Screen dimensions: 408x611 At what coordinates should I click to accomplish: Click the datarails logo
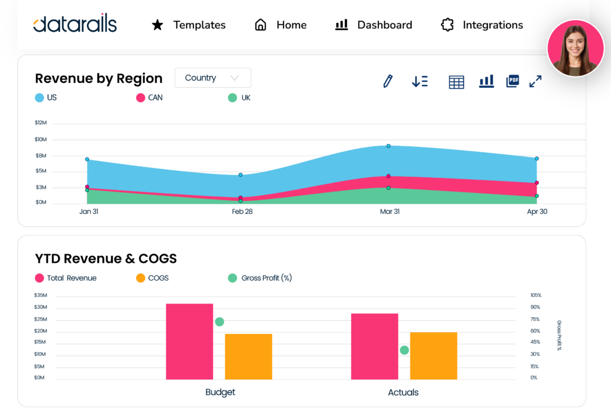(75, 24)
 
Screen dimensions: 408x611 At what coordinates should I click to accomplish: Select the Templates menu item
(189, 25)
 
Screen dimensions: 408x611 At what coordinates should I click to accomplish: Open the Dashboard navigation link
(374, 25)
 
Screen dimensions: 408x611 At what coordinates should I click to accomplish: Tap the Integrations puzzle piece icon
(447, 25)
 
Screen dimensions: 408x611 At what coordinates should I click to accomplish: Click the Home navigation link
(280, 25)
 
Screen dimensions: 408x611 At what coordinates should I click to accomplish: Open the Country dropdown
(212, 78)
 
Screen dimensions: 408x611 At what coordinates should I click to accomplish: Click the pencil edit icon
(388, 81)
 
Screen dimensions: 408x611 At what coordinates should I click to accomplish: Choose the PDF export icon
(512, 81)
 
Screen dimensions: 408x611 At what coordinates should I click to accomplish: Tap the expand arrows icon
(535, 81)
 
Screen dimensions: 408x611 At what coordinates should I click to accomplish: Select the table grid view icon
(456, 82)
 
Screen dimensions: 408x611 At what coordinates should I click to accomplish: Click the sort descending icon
(419, 82)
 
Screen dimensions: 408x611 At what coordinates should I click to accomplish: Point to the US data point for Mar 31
(388, 146)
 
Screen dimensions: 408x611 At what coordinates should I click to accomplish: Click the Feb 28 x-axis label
(241, 212)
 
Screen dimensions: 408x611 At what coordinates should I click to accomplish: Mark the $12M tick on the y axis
(41, 123)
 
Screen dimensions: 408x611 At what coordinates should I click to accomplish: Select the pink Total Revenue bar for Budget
(189, 341)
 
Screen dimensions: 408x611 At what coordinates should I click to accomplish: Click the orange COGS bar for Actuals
(434, 355)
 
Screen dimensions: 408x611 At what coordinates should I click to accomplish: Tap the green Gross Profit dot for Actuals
(404, 350)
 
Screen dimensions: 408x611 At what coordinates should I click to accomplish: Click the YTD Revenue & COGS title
(106, 259)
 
